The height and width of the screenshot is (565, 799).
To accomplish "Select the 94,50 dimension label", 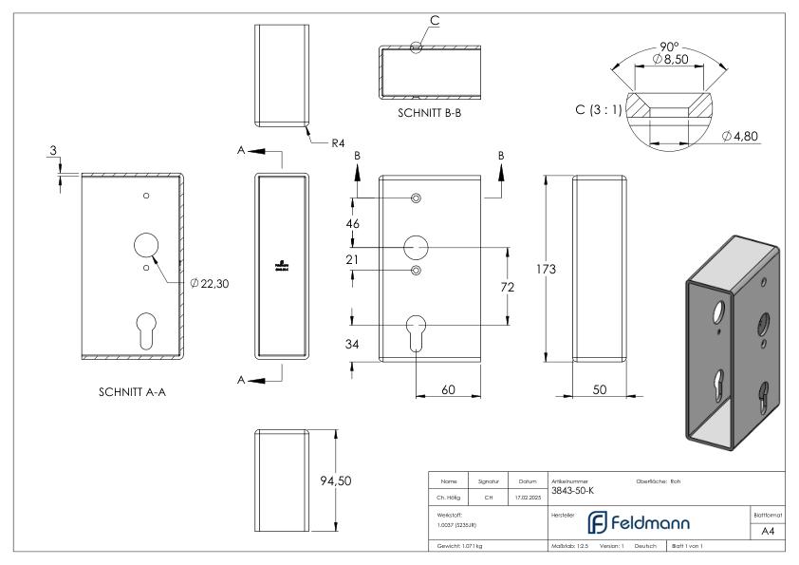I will click(335, 480).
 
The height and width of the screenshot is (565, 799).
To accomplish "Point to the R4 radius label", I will click(339, 143).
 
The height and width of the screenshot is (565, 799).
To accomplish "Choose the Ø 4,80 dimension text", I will click(740, 137).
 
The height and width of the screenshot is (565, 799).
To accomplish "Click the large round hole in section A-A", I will click(145, 245).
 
